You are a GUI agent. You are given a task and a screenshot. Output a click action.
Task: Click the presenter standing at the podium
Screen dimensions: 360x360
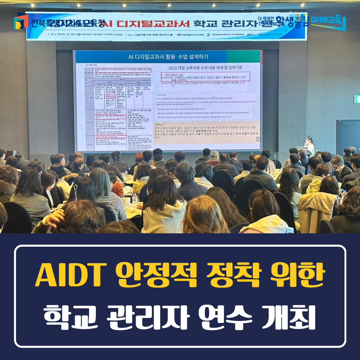[x=310, y=145]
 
